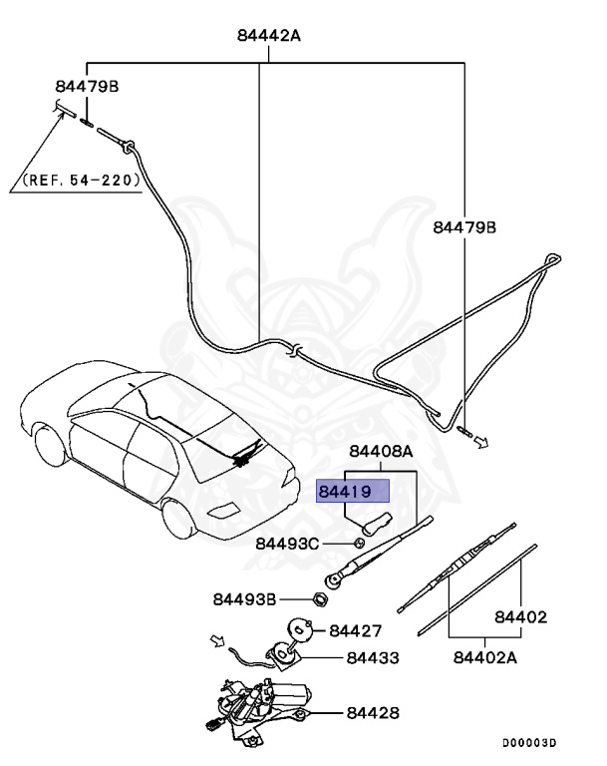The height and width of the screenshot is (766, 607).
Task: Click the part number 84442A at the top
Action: click(269, 36)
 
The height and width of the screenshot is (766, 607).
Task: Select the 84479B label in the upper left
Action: click(87, 87)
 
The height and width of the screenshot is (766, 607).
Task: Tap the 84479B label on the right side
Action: click(464, 227)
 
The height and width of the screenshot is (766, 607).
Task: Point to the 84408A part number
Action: click(380, 451)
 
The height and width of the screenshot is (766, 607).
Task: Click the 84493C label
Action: click(287, 544)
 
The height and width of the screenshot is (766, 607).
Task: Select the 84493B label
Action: click(244, 599)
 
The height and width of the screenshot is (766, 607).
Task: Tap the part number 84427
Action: click(357, 631)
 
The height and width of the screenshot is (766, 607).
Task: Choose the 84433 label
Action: click(373, 658)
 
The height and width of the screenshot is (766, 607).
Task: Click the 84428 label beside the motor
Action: click(373, 713)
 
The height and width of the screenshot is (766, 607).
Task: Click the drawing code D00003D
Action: click(528, 743)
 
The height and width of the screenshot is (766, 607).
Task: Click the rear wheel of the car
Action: click(177, 518)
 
